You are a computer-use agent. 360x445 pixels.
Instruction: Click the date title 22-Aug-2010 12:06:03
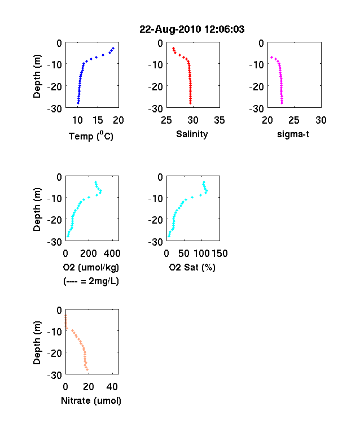coord(192,29)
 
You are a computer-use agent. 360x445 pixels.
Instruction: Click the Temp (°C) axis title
coord(91,136)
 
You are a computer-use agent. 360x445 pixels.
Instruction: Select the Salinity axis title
coord(192,134)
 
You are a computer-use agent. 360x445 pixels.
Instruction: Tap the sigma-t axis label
coord(293,134)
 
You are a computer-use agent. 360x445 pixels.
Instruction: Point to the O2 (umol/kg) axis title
coord(91,267)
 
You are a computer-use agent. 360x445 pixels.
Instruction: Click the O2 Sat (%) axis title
coord(192,267)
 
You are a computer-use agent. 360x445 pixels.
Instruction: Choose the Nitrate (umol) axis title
coord(91,400)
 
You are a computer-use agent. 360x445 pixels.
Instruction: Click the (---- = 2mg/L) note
coord(91,281)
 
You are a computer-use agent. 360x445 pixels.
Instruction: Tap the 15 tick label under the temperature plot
coord(98,120)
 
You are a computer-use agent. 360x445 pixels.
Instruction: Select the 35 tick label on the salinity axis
coord(219,120)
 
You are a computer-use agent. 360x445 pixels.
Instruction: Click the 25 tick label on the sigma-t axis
coord(294,120)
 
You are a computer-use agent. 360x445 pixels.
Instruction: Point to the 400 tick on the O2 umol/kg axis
coord(112,254)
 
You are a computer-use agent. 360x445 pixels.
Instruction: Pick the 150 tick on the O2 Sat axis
coord(219,254)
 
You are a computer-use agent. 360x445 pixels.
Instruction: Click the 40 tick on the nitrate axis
coord(112,386)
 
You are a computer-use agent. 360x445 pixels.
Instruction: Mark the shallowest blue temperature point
coord(113,49)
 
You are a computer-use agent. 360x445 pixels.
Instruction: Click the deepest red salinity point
coord(191,103)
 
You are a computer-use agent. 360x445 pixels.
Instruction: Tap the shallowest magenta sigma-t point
coord(271,58)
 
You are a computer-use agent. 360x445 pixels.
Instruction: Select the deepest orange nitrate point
coord(87,369)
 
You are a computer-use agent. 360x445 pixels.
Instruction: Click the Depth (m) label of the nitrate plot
coord(37,343)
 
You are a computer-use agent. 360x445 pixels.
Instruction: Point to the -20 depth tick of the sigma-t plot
coord(257,86)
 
